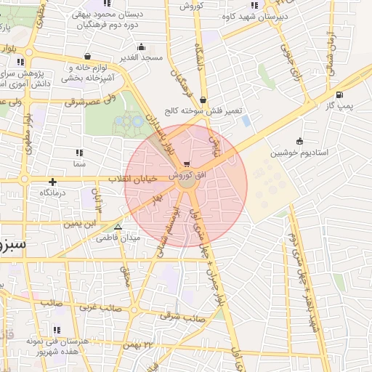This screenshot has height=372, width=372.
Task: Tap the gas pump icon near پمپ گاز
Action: [339, 94]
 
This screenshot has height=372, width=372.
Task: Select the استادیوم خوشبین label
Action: [299, 153]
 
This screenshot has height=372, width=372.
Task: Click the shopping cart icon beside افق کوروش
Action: [188, 163]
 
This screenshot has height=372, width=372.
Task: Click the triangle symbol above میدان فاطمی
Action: [118, 227]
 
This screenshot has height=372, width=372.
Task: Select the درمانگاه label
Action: [53, 193]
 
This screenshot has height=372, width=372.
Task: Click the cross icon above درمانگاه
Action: [52, 182]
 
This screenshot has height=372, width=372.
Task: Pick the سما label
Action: [78, 166]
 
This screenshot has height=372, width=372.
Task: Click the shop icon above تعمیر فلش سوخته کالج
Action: [202, 100]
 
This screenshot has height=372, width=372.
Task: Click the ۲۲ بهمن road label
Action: [139, 344]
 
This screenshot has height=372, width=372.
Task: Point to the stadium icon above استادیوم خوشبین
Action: [299, 141]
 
